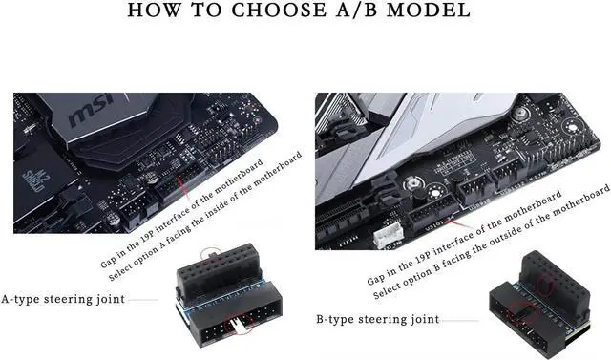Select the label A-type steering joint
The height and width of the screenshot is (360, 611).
pos(62,299)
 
